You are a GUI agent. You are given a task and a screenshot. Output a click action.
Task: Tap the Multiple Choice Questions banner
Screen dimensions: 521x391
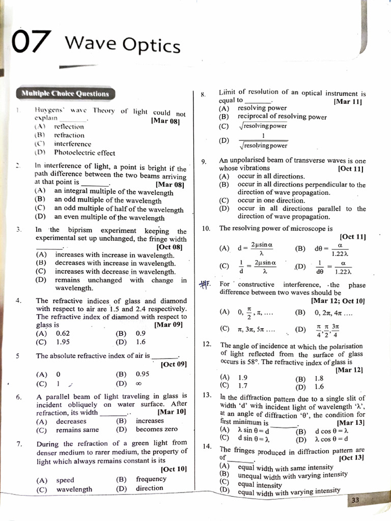[x=65, y=94]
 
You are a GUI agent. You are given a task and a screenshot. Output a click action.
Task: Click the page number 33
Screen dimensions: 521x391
[x=355, y=500]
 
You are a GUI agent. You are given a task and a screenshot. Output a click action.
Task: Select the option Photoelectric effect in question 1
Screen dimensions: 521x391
[x=85, y=153]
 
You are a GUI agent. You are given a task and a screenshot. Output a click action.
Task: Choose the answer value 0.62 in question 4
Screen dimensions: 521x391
[x=63, y=333]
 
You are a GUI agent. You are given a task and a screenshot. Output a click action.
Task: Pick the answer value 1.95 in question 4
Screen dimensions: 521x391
[x=63, y=342]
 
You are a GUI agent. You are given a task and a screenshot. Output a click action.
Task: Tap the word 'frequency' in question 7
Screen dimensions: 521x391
[x=151, y=479]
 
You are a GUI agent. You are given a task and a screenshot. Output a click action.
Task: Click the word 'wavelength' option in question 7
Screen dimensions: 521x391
[x=74, y=489]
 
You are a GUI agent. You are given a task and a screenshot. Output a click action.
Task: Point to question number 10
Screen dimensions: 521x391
[x=206, y=228]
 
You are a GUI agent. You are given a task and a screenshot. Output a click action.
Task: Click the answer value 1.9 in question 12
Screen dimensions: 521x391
[x=243, y=378]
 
